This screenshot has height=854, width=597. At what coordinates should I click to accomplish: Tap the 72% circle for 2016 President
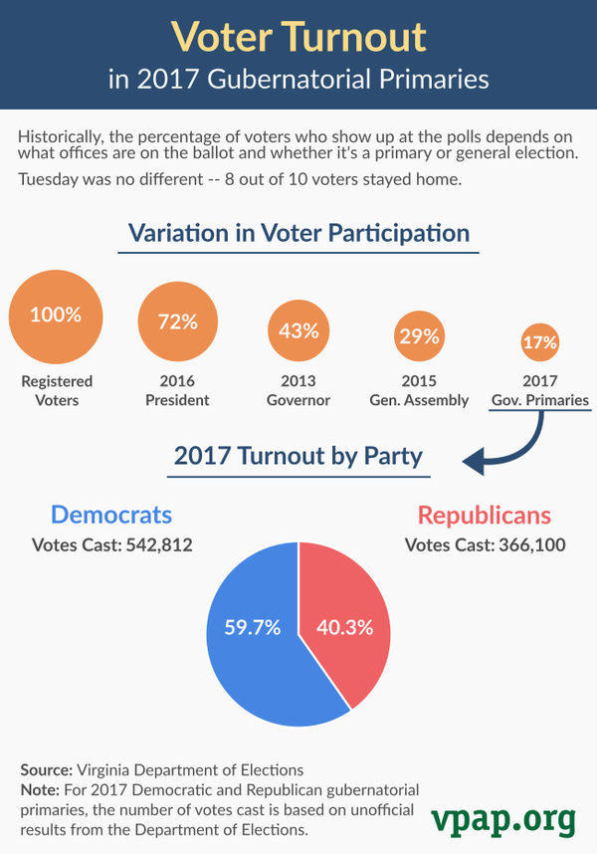point(177,321)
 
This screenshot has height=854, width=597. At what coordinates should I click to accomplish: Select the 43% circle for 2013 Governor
point(298,332)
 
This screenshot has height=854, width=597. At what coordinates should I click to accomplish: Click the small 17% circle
point(540,343)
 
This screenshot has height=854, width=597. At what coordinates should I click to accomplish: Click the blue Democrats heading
point(111,515)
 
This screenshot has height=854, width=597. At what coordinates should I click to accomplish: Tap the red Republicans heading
point(484,515)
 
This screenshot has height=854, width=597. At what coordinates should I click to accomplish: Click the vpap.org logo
point(502,818)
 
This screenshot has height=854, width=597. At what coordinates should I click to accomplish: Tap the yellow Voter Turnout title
point(298,38)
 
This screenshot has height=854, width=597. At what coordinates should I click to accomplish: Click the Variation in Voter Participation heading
point(298,234)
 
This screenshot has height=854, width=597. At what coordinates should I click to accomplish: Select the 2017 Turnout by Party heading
point(298,457)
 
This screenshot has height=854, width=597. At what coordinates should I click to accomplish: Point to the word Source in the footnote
point(46,770)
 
